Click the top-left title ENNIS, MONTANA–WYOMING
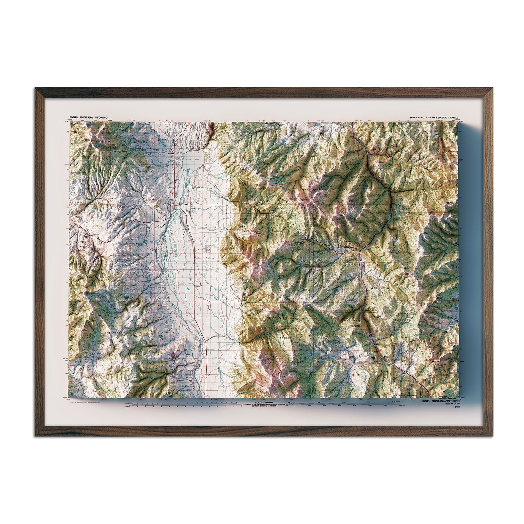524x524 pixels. click(x=88, y=117)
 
